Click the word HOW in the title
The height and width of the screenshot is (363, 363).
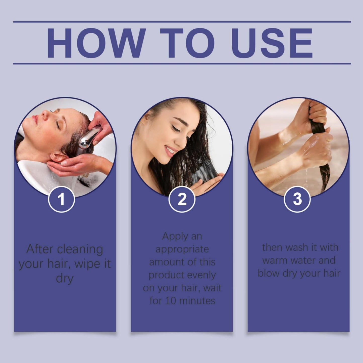pos(96,43)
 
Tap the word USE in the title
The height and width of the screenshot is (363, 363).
pos(274,43)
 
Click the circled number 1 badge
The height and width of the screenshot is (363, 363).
pos(62,199)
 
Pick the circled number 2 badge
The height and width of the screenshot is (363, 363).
pos(182,199)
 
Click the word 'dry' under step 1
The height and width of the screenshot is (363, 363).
pos(65,279)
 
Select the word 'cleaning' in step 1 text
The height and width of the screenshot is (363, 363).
pos(80,250)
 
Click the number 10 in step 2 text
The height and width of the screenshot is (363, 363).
pos(171,301)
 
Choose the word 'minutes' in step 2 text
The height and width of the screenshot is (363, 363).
pos(197,301)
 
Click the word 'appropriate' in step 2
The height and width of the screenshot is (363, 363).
pos(182,249)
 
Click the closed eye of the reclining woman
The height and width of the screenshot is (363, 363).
pos(58,125)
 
